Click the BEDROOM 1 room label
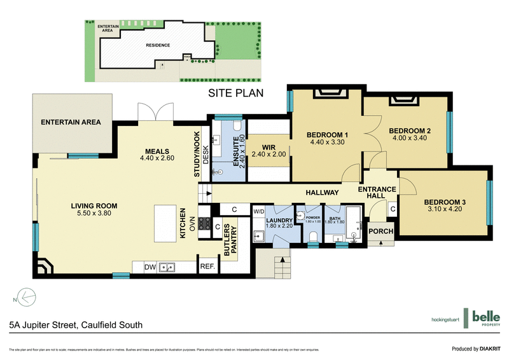coord(328,134)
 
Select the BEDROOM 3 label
coord(445,202)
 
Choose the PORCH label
coord(381,232)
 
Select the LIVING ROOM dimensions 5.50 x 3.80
coord(95,214)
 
